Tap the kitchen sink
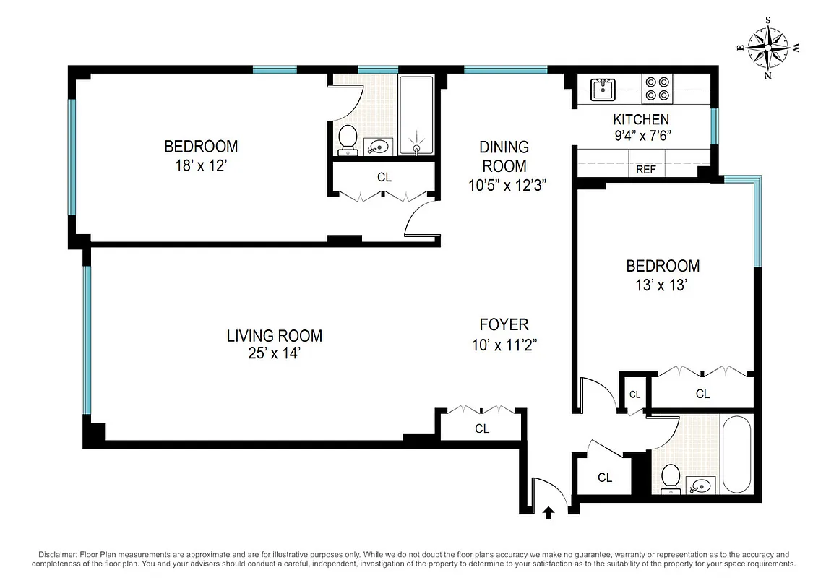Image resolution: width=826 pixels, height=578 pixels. click(x=602, y=89)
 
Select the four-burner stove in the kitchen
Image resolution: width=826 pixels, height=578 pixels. click(x=658, y=88)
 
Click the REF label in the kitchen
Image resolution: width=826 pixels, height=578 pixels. click(x=645, y=171)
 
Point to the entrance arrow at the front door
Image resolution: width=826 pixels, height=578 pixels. click(x=548, y=512)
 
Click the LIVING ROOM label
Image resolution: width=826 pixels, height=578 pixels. click(x=275, y=335)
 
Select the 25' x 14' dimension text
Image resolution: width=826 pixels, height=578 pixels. click(x=275, y=354)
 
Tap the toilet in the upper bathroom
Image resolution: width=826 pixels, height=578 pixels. click(x=348, y=139)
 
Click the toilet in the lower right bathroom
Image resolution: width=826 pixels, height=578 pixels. click(x=671, y=479)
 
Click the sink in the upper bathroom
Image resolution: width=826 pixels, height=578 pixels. click(x=379, y=147)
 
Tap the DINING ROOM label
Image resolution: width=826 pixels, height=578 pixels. click(x=504, y=156)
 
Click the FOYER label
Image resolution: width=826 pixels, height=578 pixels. click(x=504, y=324)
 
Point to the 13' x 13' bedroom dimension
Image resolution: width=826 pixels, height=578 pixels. click(x=663, y=285)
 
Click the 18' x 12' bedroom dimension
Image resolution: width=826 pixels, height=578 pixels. click(x=201, y=165)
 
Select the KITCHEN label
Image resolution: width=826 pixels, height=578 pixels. click(x=641, y=119)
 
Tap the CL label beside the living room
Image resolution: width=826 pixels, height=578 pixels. click(x=482, y=428)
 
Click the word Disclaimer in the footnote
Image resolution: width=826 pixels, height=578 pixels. click(x=57, y=553)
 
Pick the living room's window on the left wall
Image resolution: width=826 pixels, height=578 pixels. click(x=87, y=340)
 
